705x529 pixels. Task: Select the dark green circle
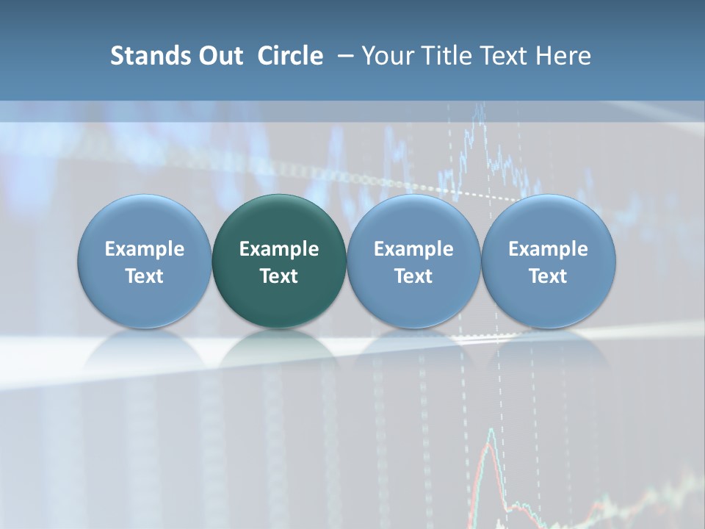(279, 261)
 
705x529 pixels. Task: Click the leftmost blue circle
(145, 261)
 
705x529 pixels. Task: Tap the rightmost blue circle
(548, 261)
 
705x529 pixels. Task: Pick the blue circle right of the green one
(413, 261)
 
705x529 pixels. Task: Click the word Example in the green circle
(279, 249)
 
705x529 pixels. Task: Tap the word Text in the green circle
(279, 276)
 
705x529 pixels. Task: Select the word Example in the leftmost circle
(145, 249)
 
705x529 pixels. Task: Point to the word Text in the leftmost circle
(145, 276)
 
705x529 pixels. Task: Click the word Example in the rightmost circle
(548, 249)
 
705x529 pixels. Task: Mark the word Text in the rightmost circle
(548, 276)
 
